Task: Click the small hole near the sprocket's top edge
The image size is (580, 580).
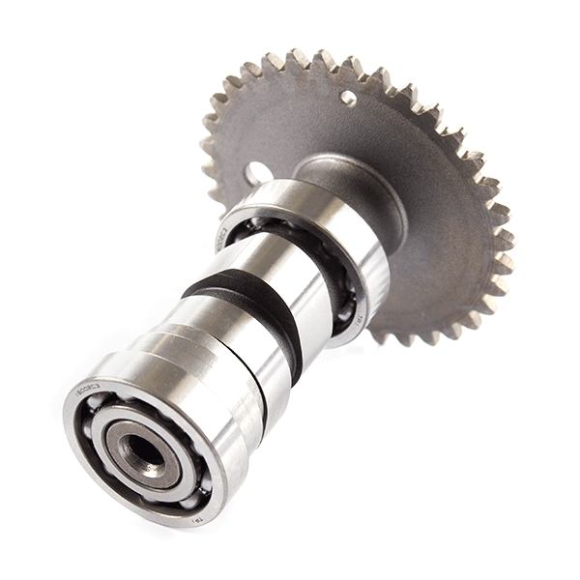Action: click(x=348, y=98)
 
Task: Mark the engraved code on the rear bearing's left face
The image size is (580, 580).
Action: click(x=223, y=233)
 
